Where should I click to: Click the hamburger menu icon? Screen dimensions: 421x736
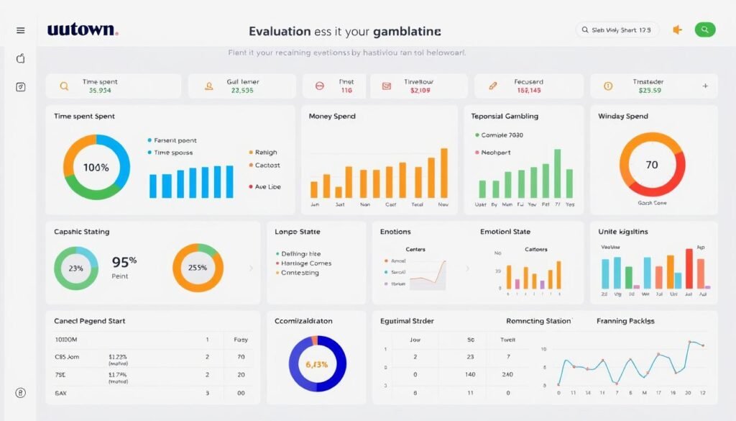(x=20, y=30)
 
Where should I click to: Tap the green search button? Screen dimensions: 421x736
(x=704, y=30)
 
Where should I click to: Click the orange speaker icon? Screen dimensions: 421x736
(x=676, y=30)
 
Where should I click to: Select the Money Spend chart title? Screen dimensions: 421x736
(x=332, y=116)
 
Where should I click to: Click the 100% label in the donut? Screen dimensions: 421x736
(x=96, y=168)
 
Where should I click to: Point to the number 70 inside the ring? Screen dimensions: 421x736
(x=652, y=165)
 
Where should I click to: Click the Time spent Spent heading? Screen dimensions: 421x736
(x=84, y=116)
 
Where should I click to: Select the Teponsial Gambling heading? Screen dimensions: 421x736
(x=505, y=116)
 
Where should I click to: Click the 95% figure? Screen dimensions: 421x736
(x=124, y=262)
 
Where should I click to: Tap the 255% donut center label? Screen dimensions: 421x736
(x=198, y=268)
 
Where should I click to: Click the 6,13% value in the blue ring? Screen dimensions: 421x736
(x=317, y=364)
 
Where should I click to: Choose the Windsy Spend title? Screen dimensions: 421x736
(x=623, y=116)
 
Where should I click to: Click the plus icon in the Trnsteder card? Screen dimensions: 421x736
(x=705, y=86)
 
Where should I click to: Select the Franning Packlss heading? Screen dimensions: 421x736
(x=625, y=321)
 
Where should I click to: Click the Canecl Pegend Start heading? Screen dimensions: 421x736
(x=90, y=321)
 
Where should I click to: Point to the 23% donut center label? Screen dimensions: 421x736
(x=75, y=268)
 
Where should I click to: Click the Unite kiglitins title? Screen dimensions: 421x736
(x=623, y=232)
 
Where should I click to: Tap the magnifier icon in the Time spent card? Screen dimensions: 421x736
(x=64, y=86)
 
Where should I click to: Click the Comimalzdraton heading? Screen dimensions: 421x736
(x=303, y=321)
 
